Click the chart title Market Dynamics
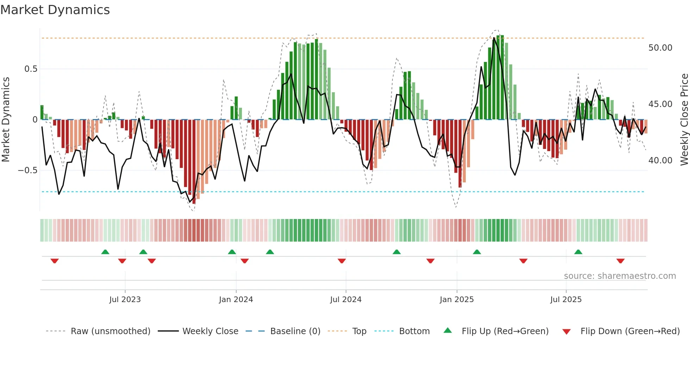click(x=55, y=10)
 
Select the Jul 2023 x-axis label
click(x=125, y=300)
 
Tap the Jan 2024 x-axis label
click(x=236, y=300)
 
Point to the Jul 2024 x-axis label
click(x=346, y=300)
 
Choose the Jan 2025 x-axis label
click(x=457, y=300)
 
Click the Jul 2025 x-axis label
click(x=566, y=300)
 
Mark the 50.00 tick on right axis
click(x=660, y=48)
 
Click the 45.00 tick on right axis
click(x=660, y=104)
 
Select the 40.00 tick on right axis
click(x=660, y=161)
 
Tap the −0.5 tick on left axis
click(x=28, y=170)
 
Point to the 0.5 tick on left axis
click(x=31, y=69)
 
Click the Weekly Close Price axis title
click(x=684, y=120)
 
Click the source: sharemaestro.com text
click(x=620, y=276)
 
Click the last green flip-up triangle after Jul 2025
click(x=578, y=252)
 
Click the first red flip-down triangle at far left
click(x=55, y=261)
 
